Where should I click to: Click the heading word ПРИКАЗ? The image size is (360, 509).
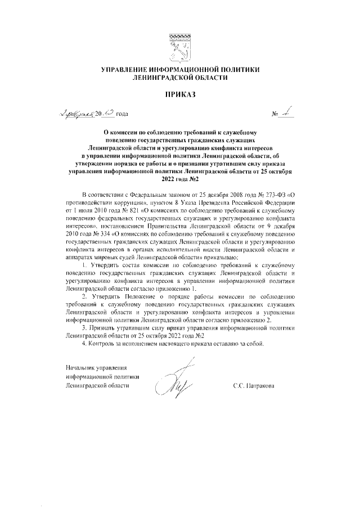point(179,94)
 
